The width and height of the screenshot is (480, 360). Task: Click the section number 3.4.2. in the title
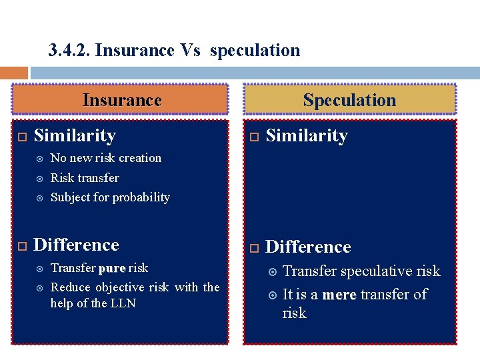[70, 51]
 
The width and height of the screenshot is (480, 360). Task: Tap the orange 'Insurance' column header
[121, 100]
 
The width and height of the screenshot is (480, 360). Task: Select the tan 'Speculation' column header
[349, 100]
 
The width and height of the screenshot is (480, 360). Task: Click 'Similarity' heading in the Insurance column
[75, 136]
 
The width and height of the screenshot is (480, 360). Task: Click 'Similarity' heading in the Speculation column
[307, 136]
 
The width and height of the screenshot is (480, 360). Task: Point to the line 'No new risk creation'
[106, 158]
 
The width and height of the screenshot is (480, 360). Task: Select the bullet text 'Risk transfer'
[85, 178]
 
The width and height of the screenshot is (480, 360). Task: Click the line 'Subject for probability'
[110, 197]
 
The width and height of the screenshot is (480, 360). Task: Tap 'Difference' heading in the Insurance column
[76, 245]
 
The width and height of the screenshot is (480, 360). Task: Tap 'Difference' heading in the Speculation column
[308, 247]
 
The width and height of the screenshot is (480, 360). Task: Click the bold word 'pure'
[111, 268]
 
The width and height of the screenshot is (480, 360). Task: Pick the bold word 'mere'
[339, 295]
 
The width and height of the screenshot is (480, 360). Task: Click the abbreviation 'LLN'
[123, 303]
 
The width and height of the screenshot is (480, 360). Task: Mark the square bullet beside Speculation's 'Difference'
[253, 248]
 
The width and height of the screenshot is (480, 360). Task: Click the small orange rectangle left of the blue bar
[13, 73]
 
